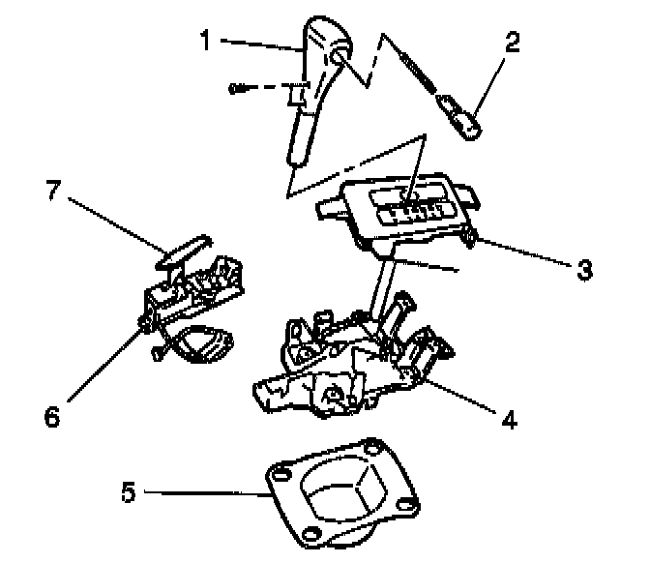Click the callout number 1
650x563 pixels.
pos(204,40)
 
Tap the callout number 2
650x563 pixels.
pos(512,42)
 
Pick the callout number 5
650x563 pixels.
pos(128,492)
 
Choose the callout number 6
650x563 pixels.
pos(52,416)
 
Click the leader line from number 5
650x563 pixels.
pos(203,493)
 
